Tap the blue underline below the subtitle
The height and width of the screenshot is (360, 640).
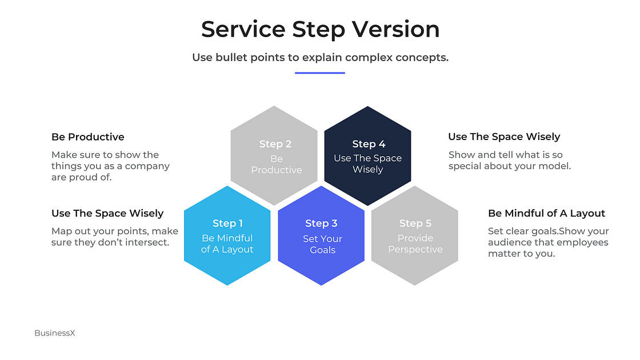(x=320, y=73)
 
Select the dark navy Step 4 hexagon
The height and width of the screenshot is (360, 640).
(x=367, y=156)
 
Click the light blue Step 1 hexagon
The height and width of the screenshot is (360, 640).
(x=227, y=235)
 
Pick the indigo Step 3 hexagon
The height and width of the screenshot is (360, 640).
(x=321, y=235)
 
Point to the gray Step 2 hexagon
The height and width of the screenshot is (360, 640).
(x=274, y=155)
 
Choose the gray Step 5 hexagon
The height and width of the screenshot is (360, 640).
(x=415, y=235)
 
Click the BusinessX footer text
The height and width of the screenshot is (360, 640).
(x=55, y=333)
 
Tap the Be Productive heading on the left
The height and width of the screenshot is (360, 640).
(x=87, y=137)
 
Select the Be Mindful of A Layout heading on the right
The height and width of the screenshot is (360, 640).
(x=546, y=213)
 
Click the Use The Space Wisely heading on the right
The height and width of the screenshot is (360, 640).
(x=504, y=137)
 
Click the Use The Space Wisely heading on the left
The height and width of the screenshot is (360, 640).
(x=107, y=213)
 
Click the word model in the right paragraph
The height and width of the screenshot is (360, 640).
(x=555, y=166)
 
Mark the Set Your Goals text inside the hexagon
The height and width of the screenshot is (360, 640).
(x=322, y=245)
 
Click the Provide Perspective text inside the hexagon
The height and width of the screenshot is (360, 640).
(x=415, y=244)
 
